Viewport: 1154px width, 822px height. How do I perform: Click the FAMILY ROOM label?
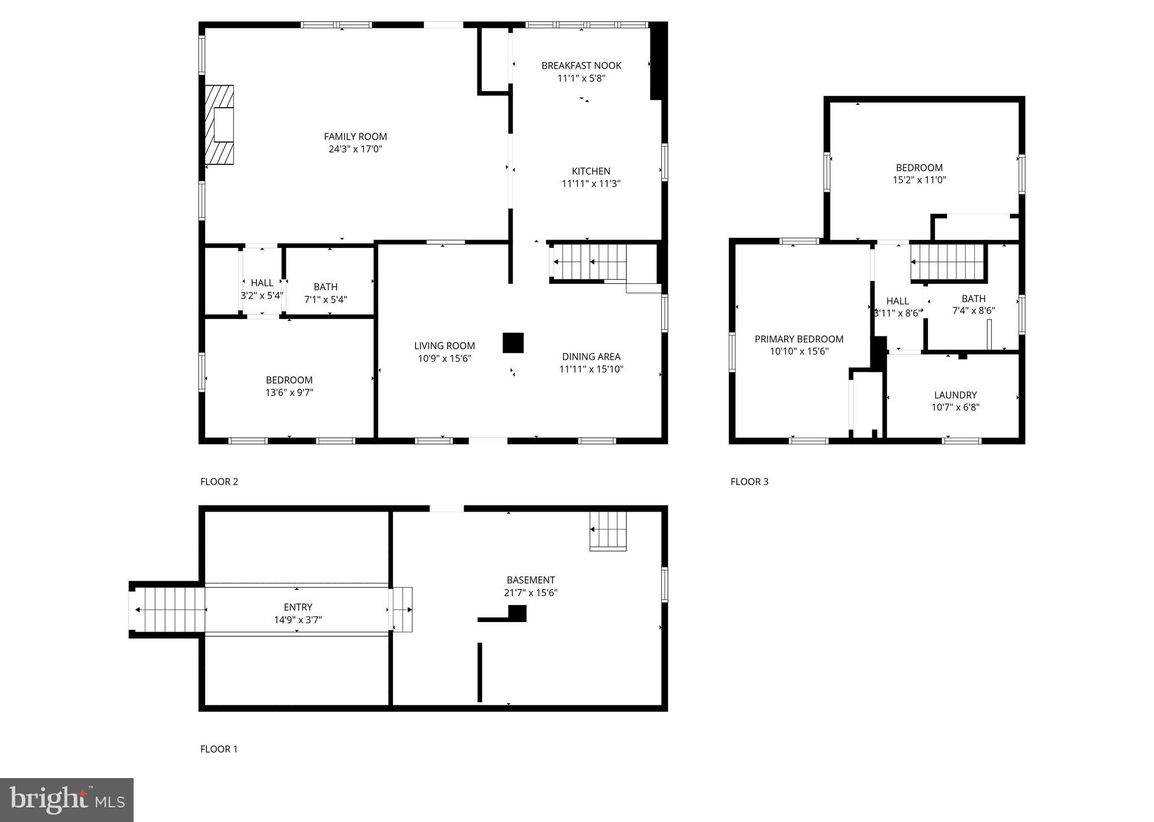(x=355, y=136)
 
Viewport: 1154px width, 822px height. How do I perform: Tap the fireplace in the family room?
(x=219, y=125)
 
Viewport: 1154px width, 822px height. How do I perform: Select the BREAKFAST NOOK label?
(x=581, y=66)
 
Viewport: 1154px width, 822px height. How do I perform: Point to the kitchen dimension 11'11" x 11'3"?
(x=591, y=184)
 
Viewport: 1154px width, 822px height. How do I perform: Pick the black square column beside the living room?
(x=513, y=343)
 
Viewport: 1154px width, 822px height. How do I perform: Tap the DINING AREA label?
(x=591, y=357)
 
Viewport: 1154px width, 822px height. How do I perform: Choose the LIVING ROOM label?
(x=444, y=346)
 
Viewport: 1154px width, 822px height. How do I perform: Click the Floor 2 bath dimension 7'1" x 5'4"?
(x=325, y=300)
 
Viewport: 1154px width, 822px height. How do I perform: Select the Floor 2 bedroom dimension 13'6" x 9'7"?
(x=289, y=393)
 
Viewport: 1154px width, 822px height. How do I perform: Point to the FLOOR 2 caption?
(x=219, y=482)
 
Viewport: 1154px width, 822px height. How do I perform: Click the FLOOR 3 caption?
(x=749, y=482)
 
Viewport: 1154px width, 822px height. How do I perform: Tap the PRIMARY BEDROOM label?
(x=799, y=339)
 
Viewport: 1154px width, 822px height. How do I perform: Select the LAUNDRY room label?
(x=955, y=396)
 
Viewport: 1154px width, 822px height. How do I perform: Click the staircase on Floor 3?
(x=947, y=262)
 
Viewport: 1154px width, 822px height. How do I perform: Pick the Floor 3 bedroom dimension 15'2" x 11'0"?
(x=919, y=180)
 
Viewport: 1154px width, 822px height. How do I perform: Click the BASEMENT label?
(x=530, y=580)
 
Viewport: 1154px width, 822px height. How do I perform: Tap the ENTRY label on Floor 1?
(x=298, y=607)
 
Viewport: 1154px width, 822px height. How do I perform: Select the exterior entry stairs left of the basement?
(x=169, y=610)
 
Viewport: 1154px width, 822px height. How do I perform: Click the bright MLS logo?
(x=67, y=800)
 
